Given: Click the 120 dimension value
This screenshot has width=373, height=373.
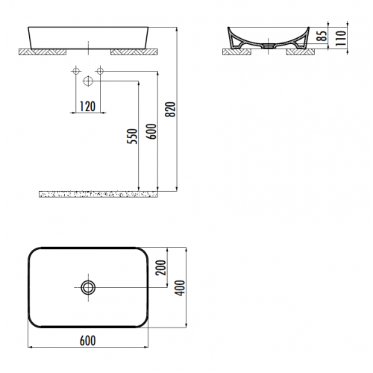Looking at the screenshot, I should click(87, 105).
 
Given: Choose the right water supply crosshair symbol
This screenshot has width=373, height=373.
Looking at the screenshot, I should click(99, 72).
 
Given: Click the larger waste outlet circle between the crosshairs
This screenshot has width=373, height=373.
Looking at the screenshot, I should click(88, 80).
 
